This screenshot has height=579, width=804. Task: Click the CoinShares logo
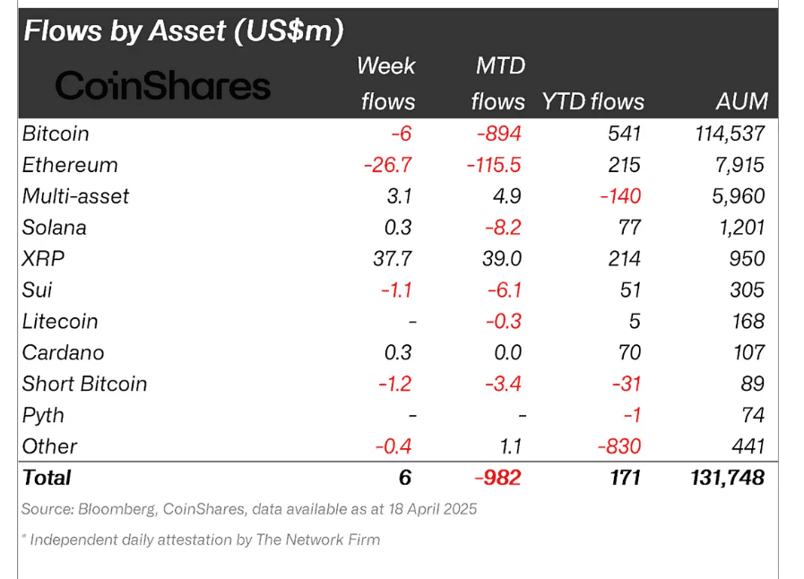(x=163, y=86)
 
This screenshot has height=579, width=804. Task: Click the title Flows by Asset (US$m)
(x=184, y=31)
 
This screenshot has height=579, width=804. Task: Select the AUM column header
(x=741, y=101)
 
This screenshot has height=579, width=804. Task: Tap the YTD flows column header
(x=592, y=101)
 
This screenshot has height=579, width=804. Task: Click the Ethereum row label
(x=70, y=165)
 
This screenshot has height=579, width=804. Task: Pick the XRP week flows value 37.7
(x=393, y=259)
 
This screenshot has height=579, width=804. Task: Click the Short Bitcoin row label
(x=85, y=384)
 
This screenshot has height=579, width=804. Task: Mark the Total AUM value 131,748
(x=722, y=478)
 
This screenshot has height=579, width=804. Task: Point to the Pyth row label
(x=44, y=415)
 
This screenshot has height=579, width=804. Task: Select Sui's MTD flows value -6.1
(x=503, y=290)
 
